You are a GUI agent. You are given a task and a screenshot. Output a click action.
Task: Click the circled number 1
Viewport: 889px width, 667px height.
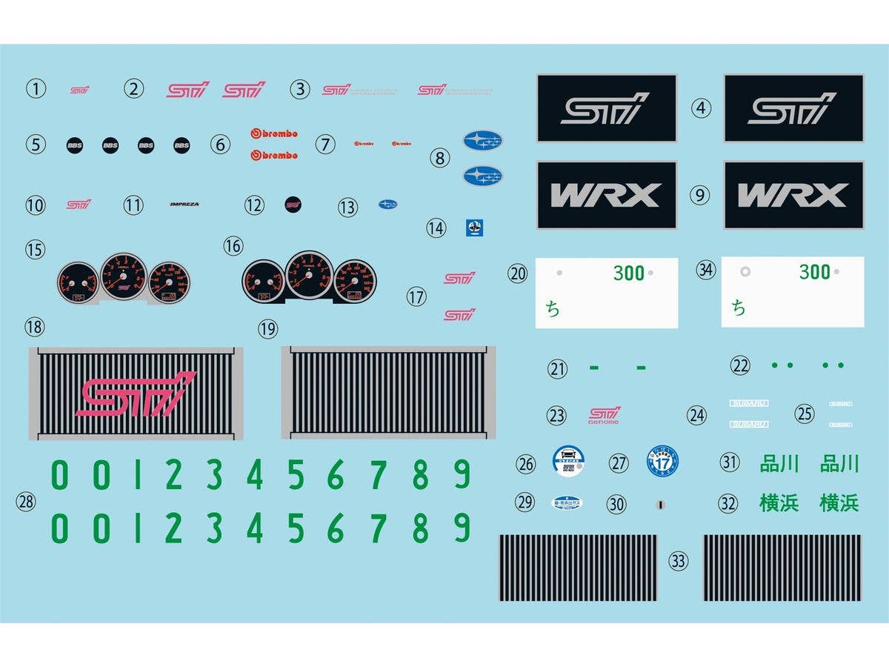36,89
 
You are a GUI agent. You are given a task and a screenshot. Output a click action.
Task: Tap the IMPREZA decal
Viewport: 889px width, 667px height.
184,204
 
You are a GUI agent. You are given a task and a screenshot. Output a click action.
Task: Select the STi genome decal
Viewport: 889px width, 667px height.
604,415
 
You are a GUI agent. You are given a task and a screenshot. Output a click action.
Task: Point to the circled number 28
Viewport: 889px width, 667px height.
26,502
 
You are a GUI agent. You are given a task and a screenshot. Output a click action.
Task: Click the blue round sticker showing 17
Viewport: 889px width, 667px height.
662,461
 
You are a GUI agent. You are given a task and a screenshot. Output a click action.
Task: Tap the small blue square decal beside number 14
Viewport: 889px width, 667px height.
474,228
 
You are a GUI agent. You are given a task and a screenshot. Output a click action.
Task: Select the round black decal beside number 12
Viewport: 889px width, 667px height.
293,204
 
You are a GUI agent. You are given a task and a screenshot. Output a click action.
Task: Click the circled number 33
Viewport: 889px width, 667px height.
678,561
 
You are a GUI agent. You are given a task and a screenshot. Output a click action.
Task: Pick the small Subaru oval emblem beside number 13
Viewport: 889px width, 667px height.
387,204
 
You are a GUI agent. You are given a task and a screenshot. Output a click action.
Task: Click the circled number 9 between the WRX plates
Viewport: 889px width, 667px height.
700,195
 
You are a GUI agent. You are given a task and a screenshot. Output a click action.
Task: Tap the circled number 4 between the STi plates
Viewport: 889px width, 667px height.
701,108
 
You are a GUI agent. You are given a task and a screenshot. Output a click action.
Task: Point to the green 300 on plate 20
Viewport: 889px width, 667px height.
628,273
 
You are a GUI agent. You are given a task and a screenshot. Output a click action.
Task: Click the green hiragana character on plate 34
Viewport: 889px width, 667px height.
739,308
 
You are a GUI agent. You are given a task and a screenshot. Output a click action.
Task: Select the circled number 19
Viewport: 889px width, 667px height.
267,328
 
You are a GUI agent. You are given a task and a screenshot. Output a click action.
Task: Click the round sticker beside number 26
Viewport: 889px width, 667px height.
568,461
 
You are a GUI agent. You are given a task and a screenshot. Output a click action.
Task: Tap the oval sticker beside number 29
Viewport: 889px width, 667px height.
567,502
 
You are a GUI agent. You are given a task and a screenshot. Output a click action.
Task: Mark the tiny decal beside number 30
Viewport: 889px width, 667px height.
659,505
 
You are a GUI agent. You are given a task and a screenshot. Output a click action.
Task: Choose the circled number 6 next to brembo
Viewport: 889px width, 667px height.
220,145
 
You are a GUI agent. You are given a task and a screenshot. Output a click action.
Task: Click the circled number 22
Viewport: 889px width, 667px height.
739,365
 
